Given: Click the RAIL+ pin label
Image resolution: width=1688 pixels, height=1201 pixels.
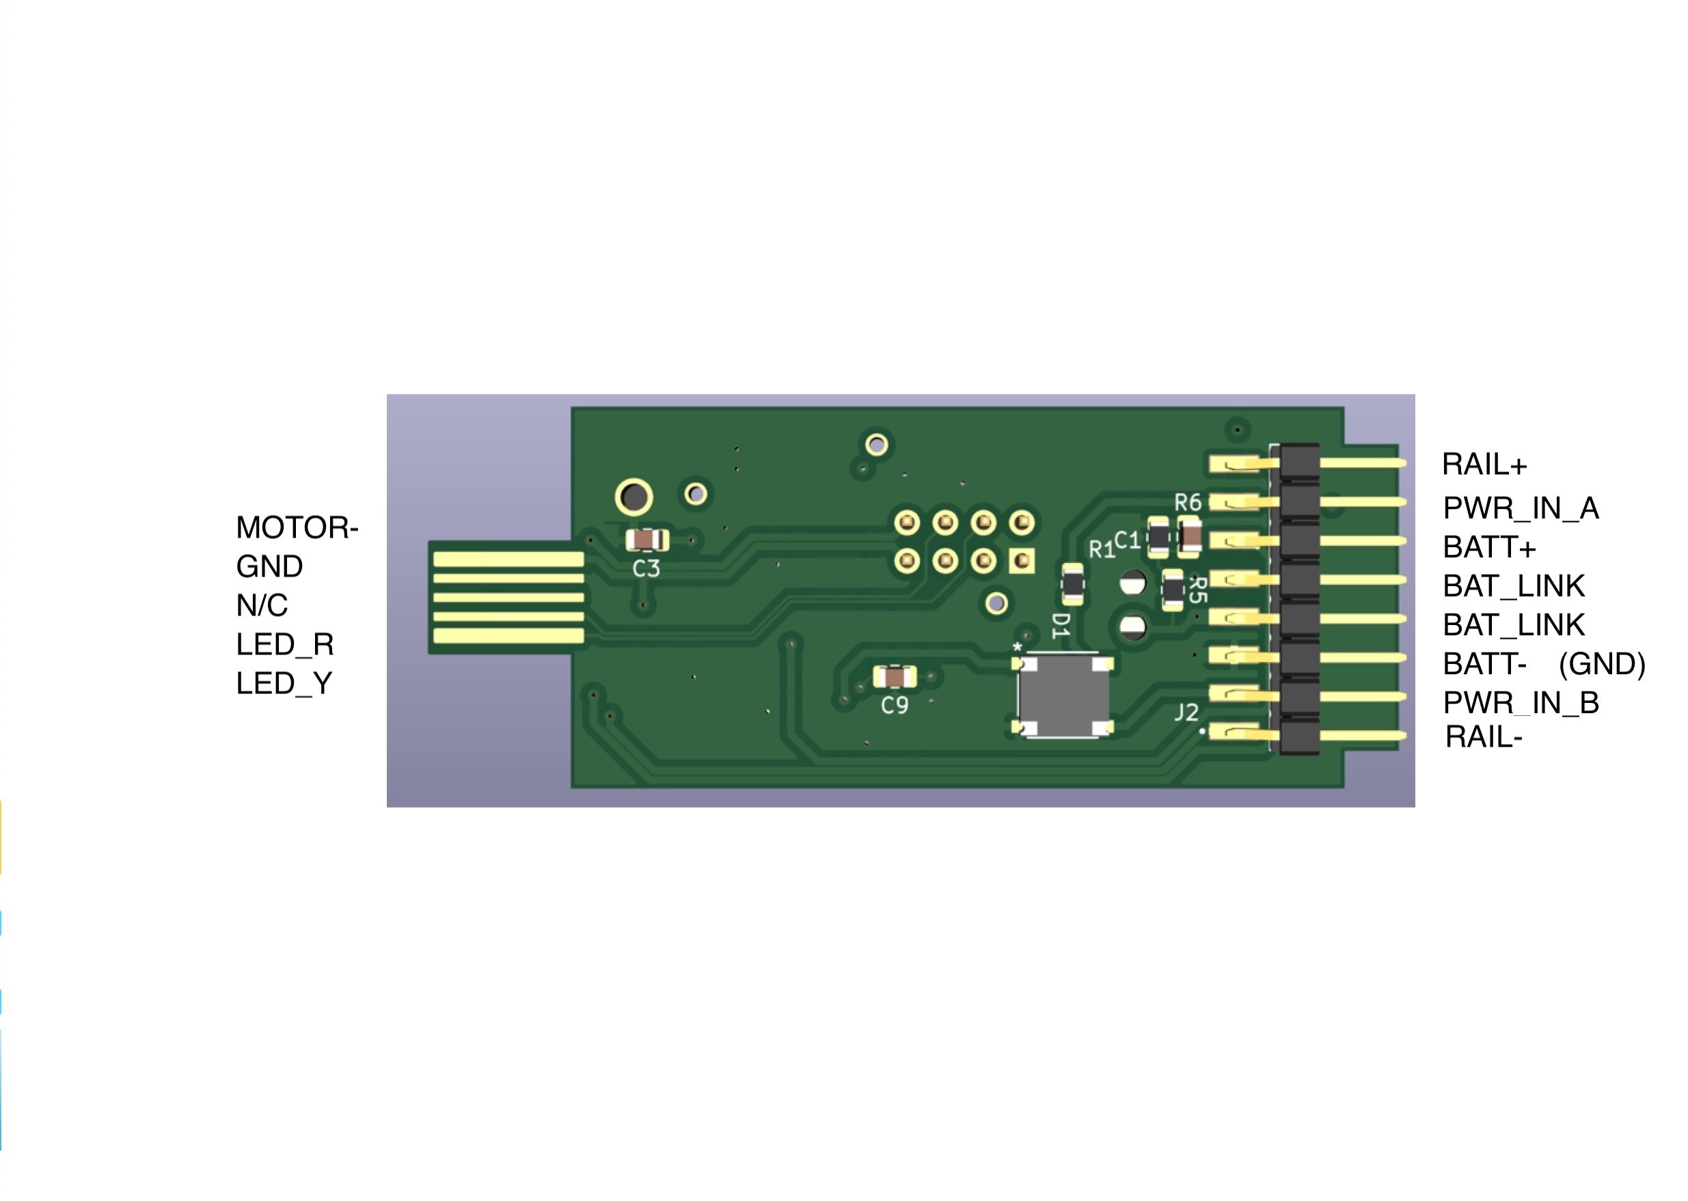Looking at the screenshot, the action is click(1484, 465).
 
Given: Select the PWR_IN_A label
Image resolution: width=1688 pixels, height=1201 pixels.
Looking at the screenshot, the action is click(1521, 508).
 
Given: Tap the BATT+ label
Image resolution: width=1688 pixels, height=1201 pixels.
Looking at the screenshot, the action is click(1489, 547).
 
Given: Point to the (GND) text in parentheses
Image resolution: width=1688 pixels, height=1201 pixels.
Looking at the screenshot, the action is click(1601, 664).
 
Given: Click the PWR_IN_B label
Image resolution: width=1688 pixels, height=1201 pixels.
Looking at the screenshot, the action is click(1521, 702).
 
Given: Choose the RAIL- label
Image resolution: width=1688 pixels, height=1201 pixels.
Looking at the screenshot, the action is click(1483, 737).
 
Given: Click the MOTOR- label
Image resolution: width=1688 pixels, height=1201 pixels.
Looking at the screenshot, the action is click(297, 527).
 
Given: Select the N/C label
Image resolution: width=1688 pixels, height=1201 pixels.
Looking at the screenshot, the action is click(262, 606).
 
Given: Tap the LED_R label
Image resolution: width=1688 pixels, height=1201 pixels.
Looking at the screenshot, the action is click(285, 645).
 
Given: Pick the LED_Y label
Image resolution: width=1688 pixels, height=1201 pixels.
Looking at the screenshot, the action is click(284, 683).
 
